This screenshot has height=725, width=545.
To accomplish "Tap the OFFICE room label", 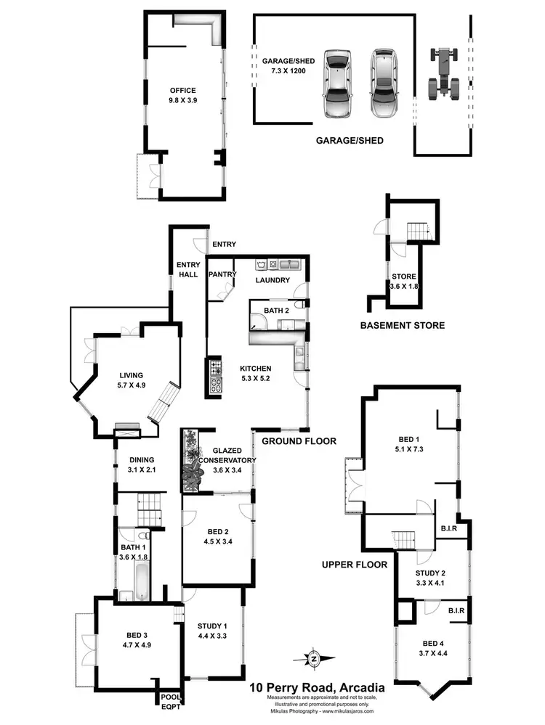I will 183,91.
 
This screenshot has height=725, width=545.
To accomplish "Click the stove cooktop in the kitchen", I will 215,376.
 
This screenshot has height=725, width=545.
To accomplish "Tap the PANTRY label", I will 219,275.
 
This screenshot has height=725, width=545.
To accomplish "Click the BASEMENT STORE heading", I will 402,325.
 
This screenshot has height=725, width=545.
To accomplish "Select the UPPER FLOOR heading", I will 355,564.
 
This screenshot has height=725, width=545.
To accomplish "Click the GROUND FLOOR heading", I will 299,441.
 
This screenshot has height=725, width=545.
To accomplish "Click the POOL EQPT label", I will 171,702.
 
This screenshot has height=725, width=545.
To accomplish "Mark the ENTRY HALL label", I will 188,269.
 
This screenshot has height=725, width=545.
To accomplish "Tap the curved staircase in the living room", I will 162,404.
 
